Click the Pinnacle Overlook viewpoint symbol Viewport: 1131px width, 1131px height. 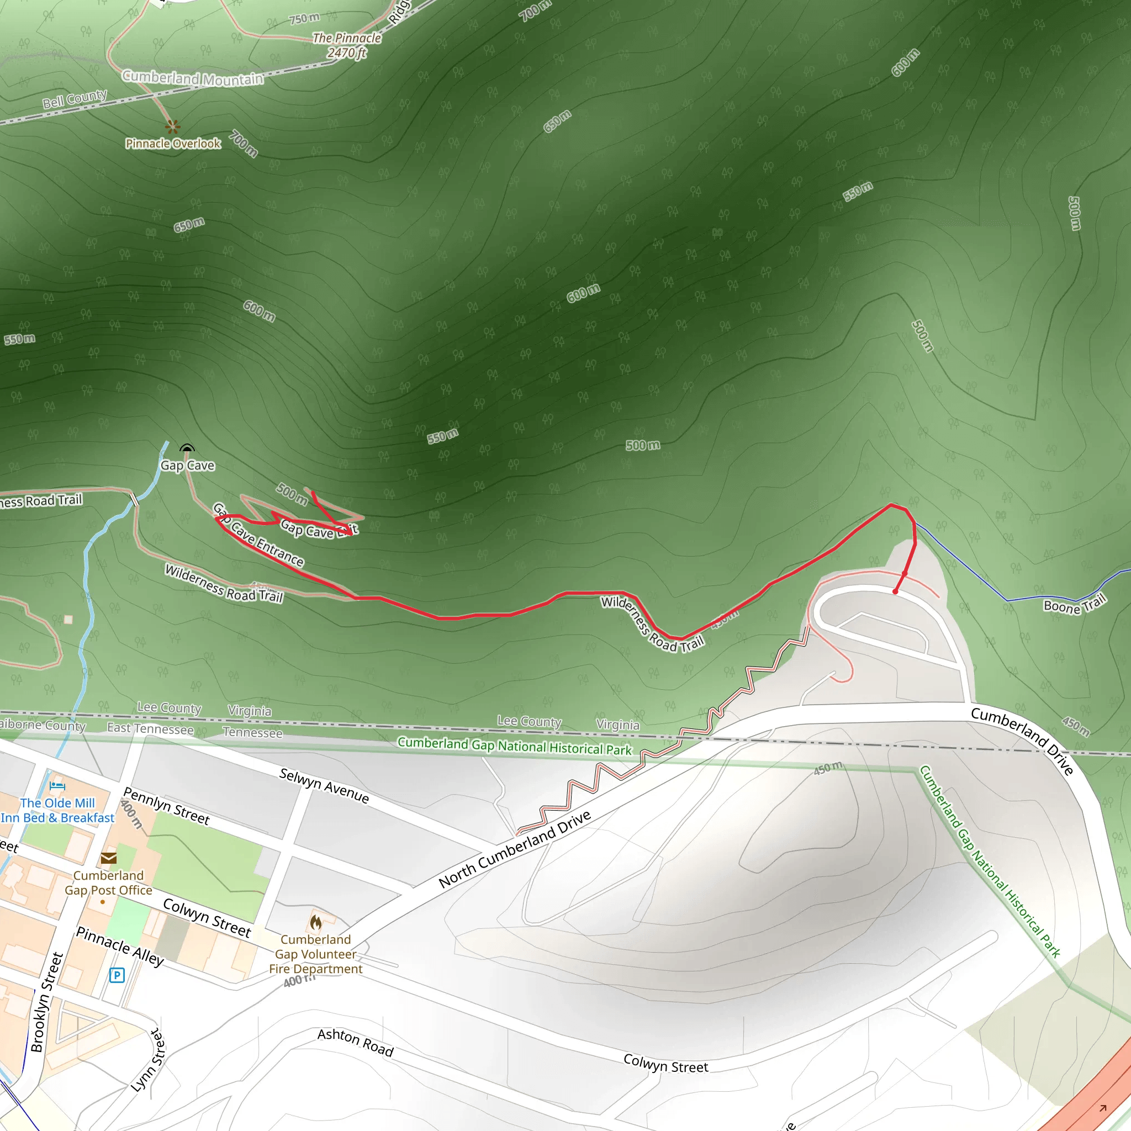[172, 126]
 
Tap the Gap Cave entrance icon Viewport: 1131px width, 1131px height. [187, 449]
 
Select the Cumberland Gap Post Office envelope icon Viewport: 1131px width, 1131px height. [108, 858]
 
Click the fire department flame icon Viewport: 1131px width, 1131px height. [316, 923]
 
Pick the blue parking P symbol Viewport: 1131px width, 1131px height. [117, 975]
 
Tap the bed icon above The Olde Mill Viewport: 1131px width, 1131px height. [57, 786]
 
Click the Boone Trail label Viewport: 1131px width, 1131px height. [1075, 604]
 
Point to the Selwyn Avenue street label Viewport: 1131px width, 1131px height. [324, 786]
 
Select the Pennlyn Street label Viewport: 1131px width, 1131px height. [166, 806]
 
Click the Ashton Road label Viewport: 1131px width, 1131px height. [355, 1043]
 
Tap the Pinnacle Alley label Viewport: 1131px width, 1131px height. [120, 946]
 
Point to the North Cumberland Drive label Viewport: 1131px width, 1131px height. [515, 849]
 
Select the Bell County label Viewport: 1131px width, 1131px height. [75, 99]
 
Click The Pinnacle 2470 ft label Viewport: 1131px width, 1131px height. [347, 46]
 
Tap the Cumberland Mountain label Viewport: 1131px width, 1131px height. [193, 78]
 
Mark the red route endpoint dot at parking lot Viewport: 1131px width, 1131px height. [895, 592]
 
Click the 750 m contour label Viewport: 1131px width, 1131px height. [304, 19]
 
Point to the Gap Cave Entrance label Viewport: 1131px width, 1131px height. [258, 535]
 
